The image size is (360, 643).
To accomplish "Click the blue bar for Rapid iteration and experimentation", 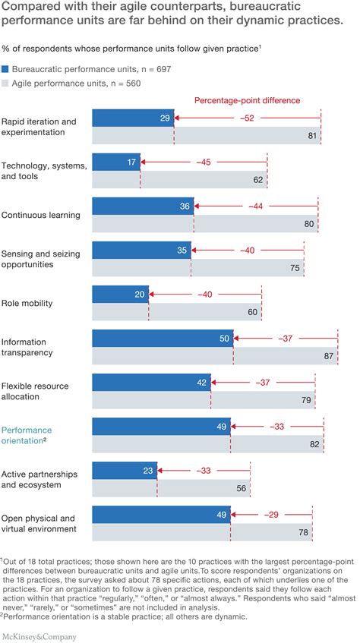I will tap(132, 118).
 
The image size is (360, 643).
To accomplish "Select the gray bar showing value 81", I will tap(205, 136).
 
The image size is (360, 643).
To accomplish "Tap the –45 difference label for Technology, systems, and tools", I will tap(206, 162).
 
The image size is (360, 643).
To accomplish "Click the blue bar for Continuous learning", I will tap(143, 206).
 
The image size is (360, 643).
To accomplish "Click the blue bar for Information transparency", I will tap(162, 338).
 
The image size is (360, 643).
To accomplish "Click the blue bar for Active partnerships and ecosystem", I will tap(124, 470).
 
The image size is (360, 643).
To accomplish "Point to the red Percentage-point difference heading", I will tap(247, 100).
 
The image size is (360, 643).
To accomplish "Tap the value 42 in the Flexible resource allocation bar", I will tap(201, 383).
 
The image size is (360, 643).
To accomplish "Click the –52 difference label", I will tap(248, 118).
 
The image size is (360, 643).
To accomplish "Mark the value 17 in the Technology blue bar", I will tap(132, 162).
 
